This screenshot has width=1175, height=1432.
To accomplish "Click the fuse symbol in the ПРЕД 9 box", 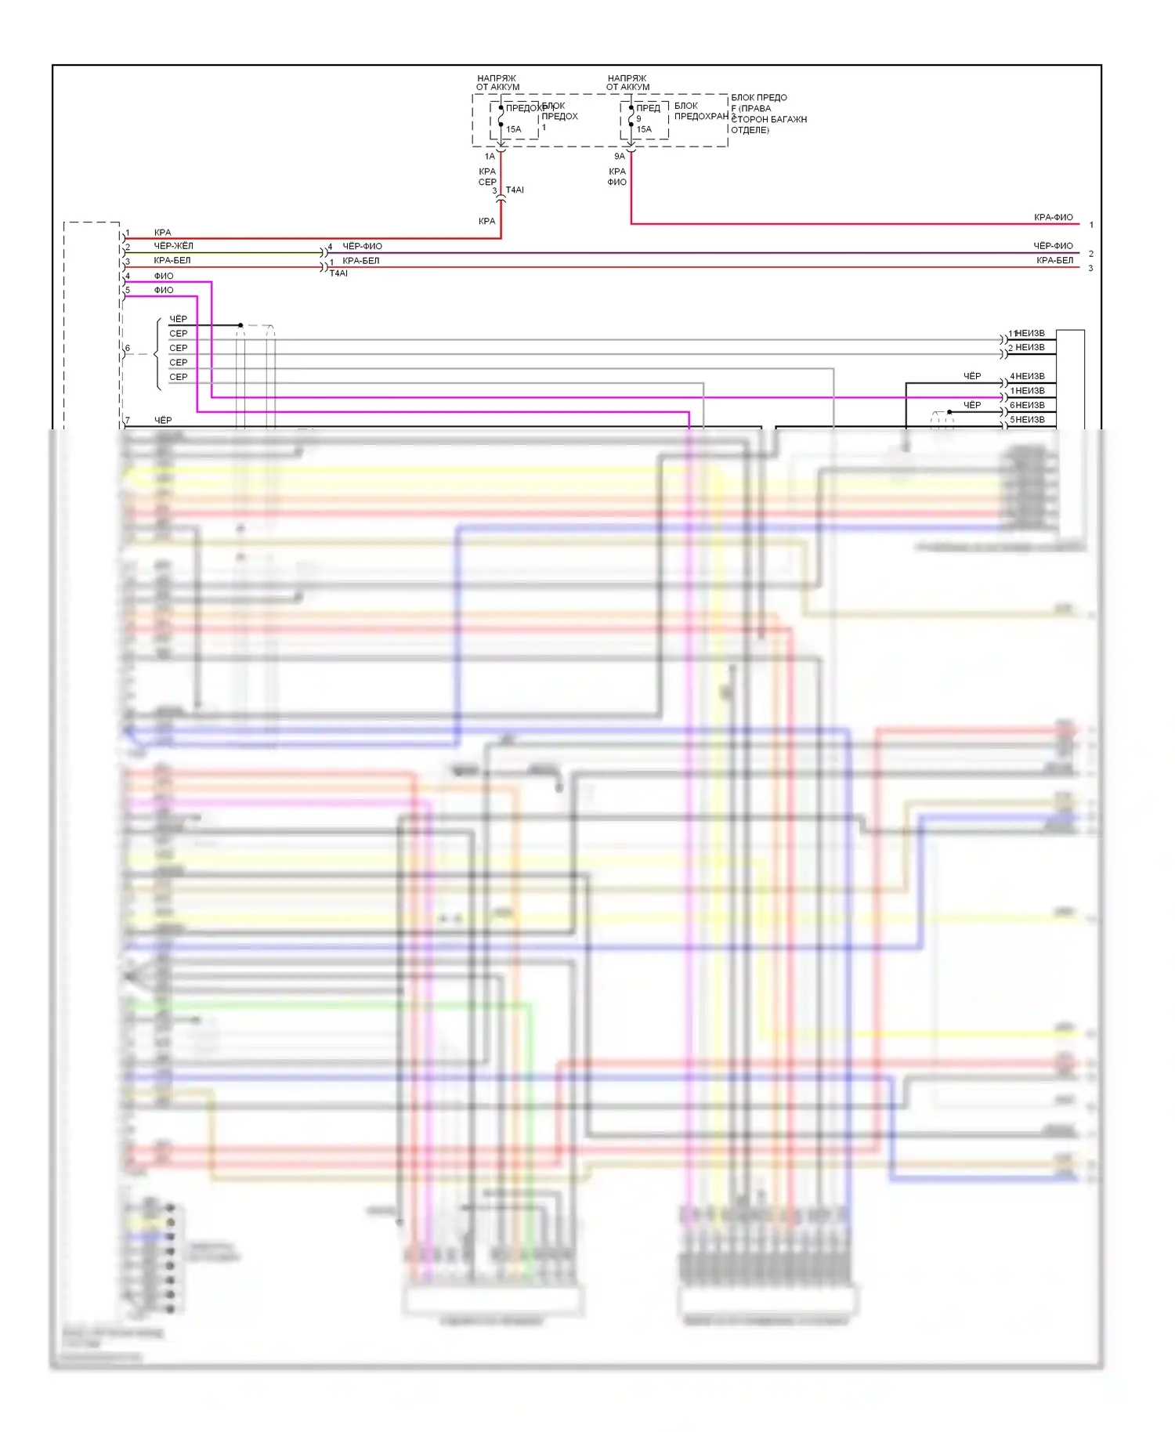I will (x=631, y=116).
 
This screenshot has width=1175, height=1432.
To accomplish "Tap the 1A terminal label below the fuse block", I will (x=490, y=157).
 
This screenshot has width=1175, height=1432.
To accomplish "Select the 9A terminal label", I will (x=620, y=157).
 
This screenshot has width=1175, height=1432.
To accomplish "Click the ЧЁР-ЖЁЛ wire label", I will (x=173, y=246).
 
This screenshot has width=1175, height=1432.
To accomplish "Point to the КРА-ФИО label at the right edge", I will (x=1053, y=218).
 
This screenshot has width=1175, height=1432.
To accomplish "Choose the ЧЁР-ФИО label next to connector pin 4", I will (x=362, y=247).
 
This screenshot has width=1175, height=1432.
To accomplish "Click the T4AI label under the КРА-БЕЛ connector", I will (x=338, y=273).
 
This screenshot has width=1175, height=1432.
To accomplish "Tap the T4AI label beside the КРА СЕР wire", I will (x=515, y=190).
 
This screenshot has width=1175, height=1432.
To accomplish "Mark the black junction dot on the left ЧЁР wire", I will (x=240, y=325).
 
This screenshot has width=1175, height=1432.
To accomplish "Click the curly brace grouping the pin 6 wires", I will (x=157, y=354).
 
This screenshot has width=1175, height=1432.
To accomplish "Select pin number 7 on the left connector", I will (x=128, y=421).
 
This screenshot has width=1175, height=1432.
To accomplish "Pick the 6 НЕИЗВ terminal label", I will (x=1027, y=406).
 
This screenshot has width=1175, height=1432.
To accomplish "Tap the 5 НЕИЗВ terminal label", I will (x=1027, y=420).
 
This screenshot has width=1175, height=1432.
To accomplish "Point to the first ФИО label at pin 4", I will (x=164, y=277).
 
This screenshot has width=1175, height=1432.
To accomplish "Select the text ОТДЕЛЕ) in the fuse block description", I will (x=750, y=130).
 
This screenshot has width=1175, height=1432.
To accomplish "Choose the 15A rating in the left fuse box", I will (x=513, y=129).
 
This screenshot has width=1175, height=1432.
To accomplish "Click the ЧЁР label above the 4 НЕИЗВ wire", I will (x=971, y=377).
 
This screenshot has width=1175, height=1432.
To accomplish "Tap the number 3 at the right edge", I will (x=1090, y=269).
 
